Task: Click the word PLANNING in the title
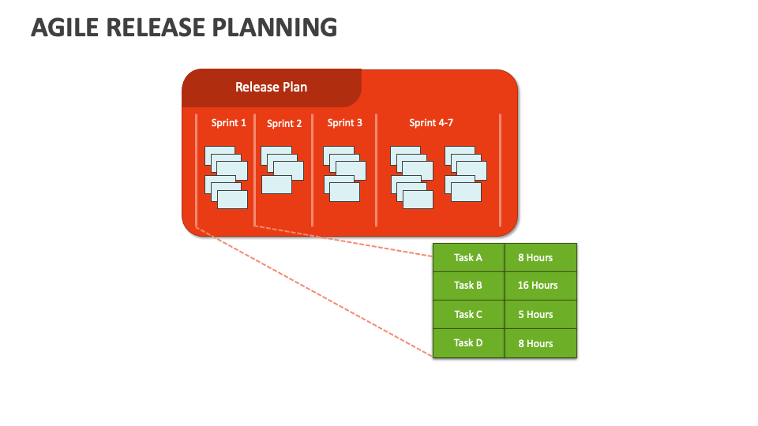point(275,28)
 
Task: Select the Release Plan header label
point(271,87)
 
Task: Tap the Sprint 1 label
point(229,123)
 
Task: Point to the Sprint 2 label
point(284,124)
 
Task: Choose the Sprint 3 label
point(345,123)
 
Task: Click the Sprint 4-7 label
point(431,123)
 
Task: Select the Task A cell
point(468,257)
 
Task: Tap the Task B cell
point(468,286)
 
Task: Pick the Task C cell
point(468,315)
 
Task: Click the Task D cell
point(468,343)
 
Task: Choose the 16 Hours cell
point(541,286)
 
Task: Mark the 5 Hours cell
point(541,315)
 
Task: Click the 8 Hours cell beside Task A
point(541,257)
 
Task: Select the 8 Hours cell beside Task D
point(541,343)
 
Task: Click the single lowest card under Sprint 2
point(276,185)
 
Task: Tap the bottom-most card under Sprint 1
point(232,200)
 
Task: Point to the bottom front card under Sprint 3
point(345,192)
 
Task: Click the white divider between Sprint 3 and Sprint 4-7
point(376,170)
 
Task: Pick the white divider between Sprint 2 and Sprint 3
point(313,170)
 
